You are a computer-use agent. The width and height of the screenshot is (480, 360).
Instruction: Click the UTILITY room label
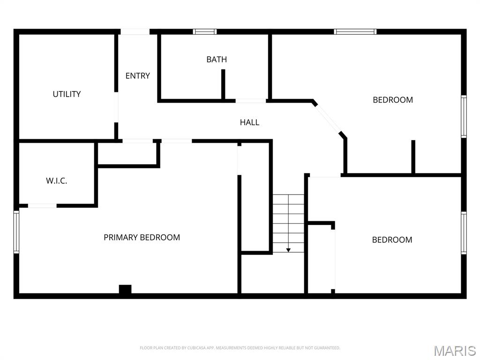pyautogui.click(x=67, y=94)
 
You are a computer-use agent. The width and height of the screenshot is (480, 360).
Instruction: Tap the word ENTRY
pyautogui.click(x=138, y=75)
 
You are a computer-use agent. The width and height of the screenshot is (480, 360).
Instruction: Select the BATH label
pyautogui.click(x=217, y=60)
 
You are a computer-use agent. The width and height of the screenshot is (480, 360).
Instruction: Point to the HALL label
pyautogui.click(x=249, y=122)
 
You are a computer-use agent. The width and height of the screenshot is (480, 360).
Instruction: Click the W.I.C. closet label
pyautogui.click(x=57, y=181)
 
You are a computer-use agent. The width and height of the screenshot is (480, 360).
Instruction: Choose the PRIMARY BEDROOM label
pyautogui.click(x=142, y=238)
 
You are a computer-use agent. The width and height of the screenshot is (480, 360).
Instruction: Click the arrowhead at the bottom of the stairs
pyautogui.click(x=288, y=250)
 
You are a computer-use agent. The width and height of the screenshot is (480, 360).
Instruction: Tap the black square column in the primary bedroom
pyautogui.click(x=125, y=289)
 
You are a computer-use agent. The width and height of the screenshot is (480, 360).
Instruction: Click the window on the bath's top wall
pyautogui.click(x=205, y=31)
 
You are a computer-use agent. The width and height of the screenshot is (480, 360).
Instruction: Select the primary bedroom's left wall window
pyautogui.click(x=16, y=232)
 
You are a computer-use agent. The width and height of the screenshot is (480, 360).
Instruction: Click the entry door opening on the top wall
pyautogui.click(x=135, y=31)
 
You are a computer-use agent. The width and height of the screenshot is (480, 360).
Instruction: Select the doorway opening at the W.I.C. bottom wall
pyautogui.click(x=42, y=206)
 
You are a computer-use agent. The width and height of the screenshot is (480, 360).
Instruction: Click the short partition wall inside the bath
pyautogui.click(x=223, y=84)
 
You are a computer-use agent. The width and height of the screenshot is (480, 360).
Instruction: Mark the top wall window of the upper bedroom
pyautogui.click(x=355, y=31)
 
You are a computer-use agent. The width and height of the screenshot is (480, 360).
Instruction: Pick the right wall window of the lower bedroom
pyautogui.click(x=464, y=233)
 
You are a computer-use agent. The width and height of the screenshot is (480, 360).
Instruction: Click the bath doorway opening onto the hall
pyautogui.click(x=251, y=101)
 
